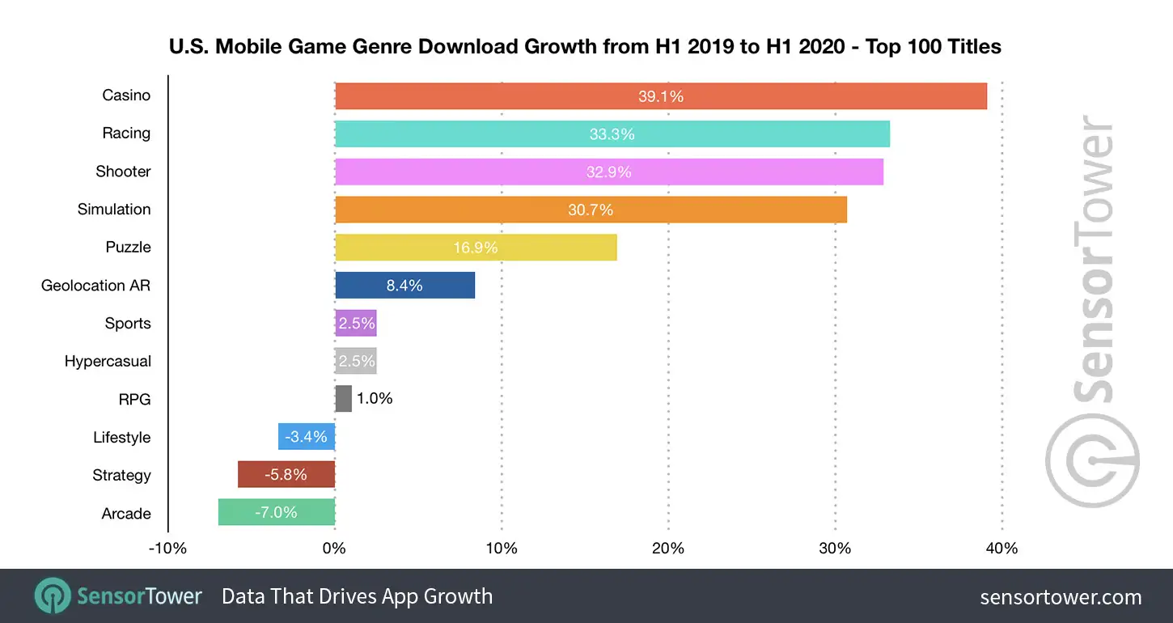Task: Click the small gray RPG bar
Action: point(343,399)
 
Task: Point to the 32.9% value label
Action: point(608,172)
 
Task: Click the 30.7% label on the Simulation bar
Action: point(591,210)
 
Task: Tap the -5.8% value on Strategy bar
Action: point(286,475)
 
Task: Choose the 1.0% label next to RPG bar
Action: point(375,399)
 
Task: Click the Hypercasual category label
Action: point(108,362)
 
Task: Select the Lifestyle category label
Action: point(121,438)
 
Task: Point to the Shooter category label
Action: point(123,172)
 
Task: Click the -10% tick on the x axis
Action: point(167,549)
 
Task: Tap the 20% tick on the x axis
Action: point(668,549)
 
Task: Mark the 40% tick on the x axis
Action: point(1001,549)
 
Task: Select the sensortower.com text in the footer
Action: point(1061,597)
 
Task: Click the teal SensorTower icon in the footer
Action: point(53,596)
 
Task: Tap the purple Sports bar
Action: point(356,324)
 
